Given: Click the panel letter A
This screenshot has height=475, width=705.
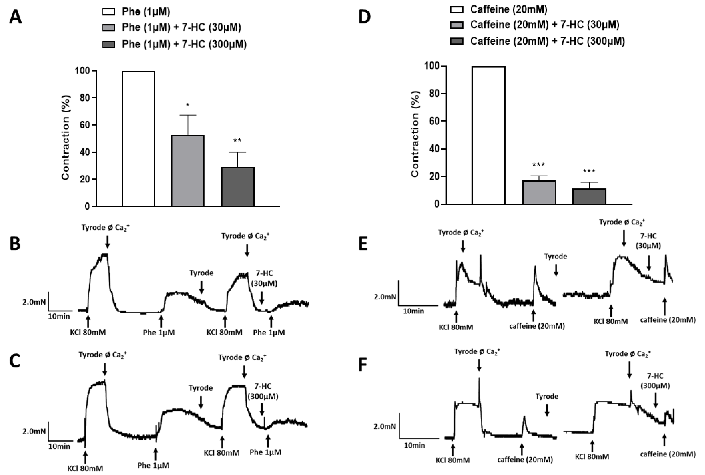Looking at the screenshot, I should point(15,17).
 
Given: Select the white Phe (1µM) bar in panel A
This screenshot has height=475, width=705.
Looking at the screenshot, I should point(138,139).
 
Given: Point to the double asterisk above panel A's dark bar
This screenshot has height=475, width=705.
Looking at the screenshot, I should point(237,141).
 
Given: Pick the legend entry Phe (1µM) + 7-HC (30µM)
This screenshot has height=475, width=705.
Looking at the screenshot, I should point(181,28).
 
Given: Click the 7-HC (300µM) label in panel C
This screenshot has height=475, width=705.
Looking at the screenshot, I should point(263,391).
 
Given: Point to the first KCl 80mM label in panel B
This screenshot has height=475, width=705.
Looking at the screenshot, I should point(88,332).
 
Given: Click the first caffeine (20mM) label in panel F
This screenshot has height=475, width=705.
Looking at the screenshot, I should point(525,460).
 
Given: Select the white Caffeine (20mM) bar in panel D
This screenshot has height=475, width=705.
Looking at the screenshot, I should point(488,135).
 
